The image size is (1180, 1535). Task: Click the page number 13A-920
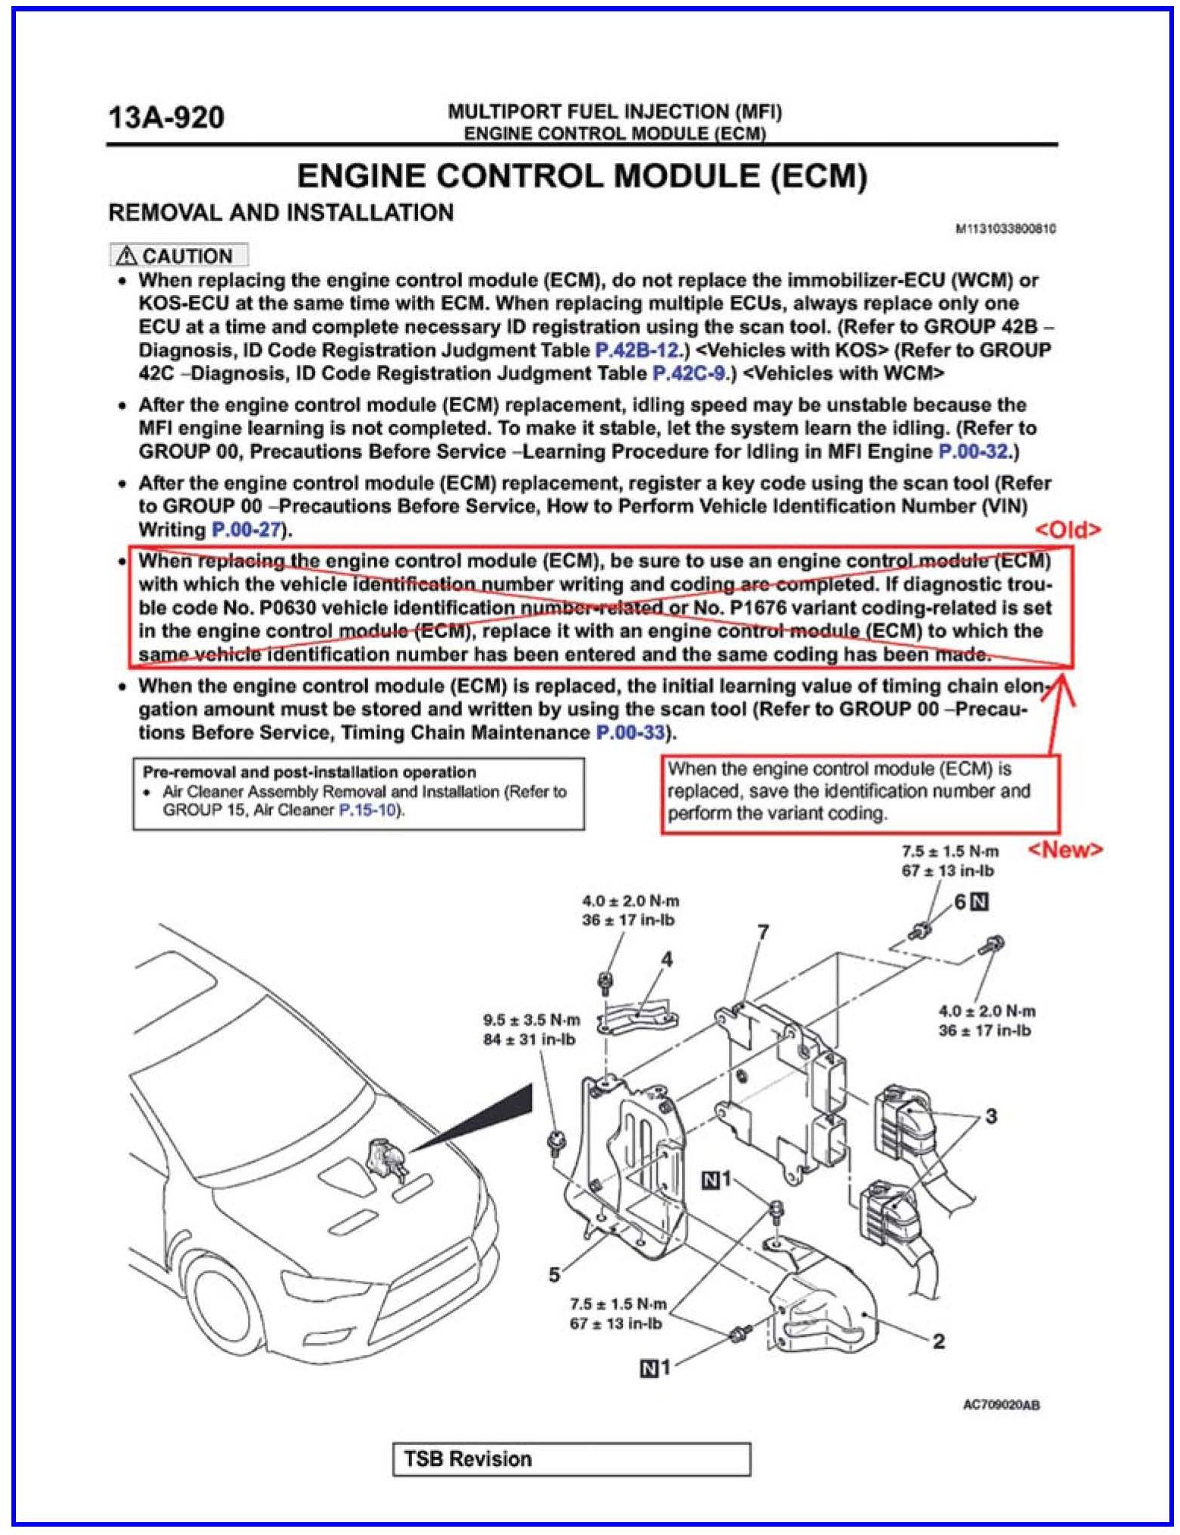tap(166, 118)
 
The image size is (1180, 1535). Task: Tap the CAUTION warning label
tap(179, 256)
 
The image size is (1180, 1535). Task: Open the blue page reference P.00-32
tap(974, 452)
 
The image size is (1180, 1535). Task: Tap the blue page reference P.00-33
tap(630, 733)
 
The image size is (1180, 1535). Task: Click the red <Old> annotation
tap(1067, 530)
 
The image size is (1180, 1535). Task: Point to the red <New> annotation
tap(1065, 850)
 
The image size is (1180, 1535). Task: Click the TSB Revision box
tap(571, 1459)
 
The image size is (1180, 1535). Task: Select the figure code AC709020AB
tap(1001, 1405)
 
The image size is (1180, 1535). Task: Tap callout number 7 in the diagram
tap(763, 931)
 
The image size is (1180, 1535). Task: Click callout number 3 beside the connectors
tap(990, 1115)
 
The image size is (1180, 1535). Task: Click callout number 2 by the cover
tap(938, 1341)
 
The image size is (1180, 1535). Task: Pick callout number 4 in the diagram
tap(666, 960)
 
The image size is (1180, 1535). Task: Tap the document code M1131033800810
tap(1005, 228)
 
